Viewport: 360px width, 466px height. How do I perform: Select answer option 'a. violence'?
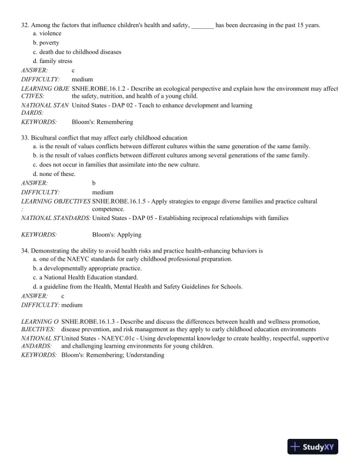tap(47, 34)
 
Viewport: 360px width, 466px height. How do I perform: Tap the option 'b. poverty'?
tap(46, 43)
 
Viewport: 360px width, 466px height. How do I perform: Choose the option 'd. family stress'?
tap(52, 61)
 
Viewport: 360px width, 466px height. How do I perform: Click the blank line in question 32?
tap(202, 26)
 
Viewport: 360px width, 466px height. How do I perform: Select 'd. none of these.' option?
tap(54, 174)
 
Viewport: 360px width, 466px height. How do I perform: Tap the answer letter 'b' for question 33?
tap(94, 183)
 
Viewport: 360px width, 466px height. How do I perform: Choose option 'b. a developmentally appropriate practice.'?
tap(87, 268)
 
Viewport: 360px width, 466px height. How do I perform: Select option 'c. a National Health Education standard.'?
tap(85, 278)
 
